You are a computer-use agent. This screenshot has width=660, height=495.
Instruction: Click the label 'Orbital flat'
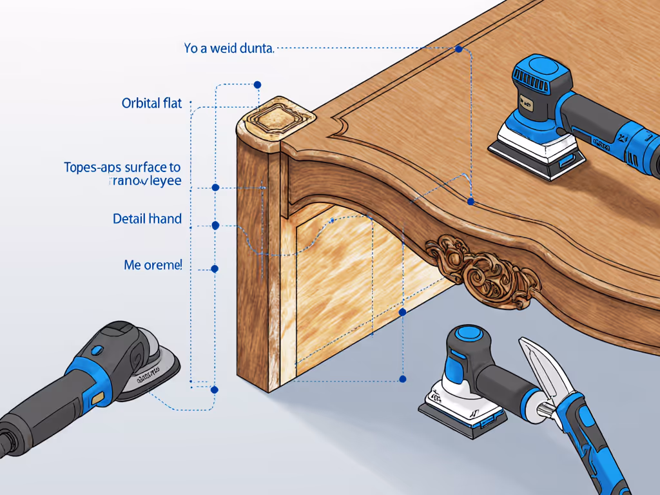point(151,103)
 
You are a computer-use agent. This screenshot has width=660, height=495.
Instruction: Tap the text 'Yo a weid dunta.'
point(229,48)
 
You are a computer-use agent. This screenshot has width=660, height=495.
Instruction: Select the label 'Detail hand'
point(147,219)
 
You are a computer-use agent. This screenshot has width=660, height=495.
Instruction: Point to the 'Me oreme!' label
point(153,264)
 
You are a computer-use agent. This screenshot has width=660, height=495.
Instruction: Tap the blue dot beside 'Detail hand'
point(215,226)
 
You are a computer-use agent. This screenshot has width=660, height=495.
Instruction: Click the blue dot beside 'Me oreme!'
point(215,268)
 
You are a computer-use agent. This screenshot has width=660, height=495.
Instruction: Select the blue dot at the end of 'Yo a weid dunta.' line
point(458,49)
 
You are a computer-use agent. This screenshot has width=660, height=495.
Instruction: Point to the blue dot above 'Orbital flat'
point(257,84)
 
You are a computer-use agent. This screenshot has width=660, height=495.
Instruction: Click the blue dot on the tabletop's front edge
point(471,202)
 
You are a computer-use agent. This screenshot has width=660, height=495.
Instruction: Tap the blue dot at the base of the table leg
point(215,389)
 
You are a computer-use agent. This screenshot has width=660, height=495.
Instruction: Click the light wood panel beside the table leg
point(348,284)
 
